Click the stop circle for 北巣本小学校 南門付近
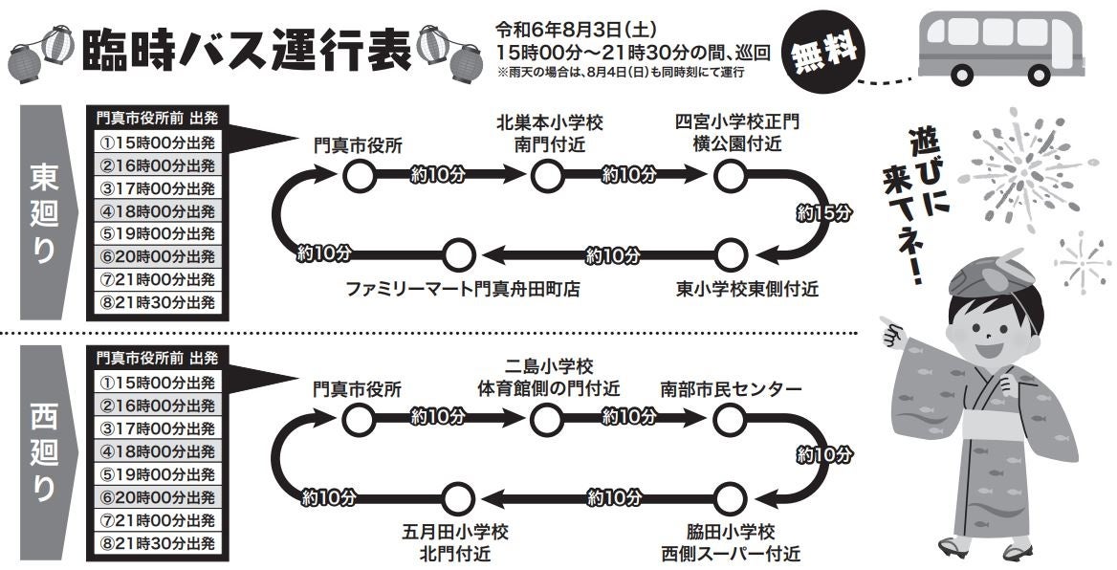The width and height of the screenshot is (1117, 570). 546,175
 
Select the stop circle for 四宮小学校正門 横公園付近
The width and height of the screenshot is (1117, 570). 730,175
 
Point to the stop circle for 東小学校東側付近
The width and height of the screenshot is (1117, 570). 730,254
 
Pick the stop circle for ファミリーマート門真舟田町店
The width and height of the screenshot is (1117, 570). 459,254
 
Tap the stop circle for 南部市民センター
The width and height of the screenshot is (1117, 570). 730,418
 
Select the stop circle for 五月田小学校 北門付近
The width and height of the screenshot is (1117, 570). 459,497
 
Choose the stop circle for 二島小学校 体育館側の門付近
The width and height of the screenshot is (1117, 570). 546,418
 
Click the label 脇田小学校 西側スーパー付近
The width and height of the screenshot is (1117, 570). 730,541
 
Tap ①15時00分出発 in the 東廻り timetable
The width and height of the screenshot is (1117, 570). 158,142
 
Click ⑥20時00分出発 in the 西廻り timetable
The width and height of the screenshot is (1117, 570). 158,497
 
